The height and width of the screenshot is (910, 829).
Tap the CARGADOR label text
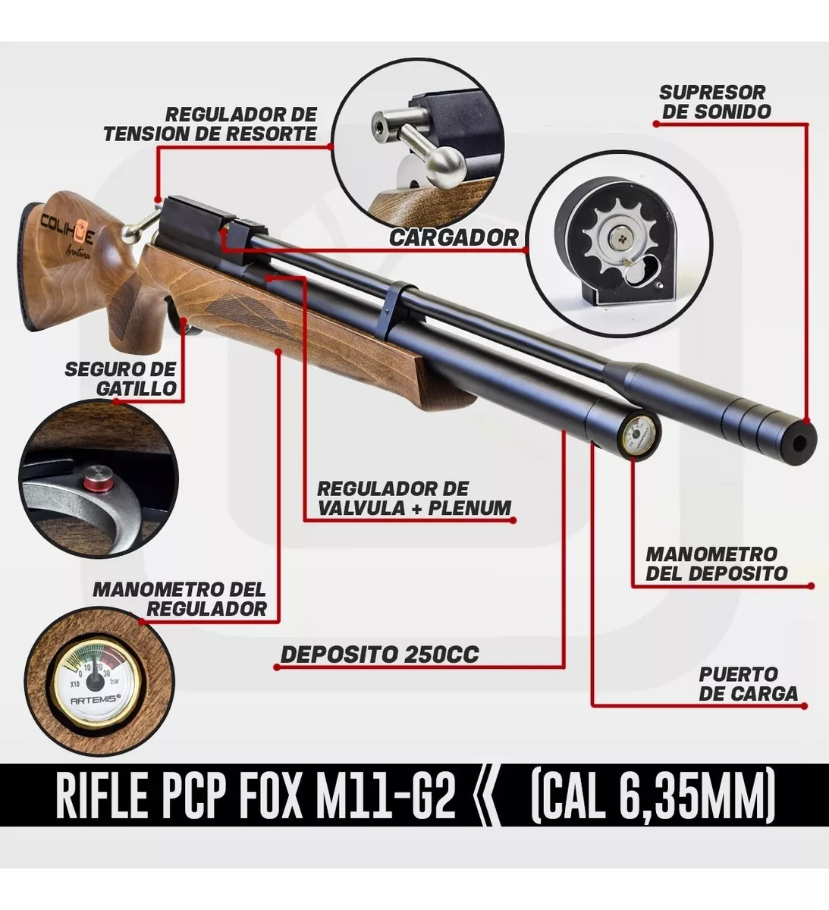[454, 237]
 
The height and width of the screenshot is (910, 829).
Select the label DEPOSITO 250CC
[380, 654]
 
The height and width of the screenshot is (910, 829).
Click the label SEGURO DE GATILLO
[121, 379]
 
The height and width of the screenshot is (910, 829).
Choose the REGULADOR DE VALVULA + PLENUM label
[414, 498]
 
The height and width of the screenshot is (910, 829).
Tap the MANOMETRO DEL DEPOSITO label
[717, 564]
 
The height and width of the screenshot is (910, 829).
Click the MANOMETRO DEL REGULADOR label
[180, 599]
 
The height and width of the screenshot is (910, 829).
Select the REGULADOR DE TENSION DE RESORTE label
[210, 124]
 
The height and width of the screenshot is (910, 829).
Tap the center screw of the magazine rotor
[618, 235]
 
